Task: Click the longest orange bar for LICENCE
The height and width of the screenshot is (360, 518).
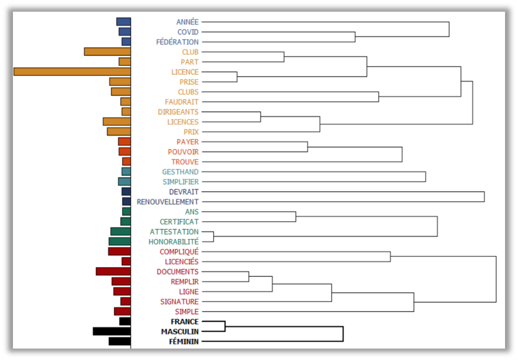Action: click(72, 72)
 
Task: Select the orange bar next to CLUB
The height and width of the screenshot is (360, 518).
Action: click(108, 52)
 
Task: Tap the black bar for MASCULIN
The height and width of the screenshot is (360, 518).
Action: click(112, 331)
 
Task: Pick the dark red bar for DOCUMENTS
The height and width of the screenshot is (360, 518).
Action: click(113, 271)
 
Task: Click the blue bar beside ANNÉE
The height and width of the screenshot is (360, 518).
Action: click(124, 22)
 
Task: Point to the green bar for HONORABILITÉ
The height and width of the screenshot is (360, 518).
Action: click(120, 241)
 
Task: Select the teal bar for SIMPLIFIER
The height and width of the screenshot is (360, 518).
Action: click(125, 182)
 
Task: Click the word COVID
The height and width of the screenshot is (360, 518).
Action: click(188, 32)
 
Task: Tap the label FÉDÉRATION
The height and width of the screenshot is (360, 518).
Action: click(177, 42)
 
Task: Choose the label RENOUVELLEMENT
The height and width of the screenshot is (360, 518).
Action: click(167, 202)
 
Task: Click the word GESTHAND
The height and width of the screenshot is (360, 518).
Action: click(180, 172)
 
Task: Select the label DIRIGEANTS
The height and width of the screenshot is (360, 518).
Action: click(178, 112)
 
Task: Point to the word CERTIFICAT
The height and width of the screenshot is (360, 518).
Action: click(179, 222)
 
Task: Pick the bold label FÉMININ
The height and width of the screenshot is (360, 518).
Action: click(184, 342)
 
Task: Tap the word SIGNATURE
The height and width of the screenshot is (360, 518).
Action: click(179, 302)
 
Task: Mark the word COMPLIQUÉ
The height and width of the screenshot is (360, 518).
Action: click(179, 251)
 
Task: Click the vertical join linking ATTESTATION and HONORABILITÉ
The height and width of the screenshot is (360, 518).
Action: click(214, 237)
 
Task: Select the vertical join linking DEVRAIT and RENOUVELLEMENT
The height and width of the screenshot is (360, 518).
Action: click(484, 197)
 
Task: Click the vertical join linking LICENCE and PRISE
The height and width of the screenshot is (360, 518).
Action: click(237, 77)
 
